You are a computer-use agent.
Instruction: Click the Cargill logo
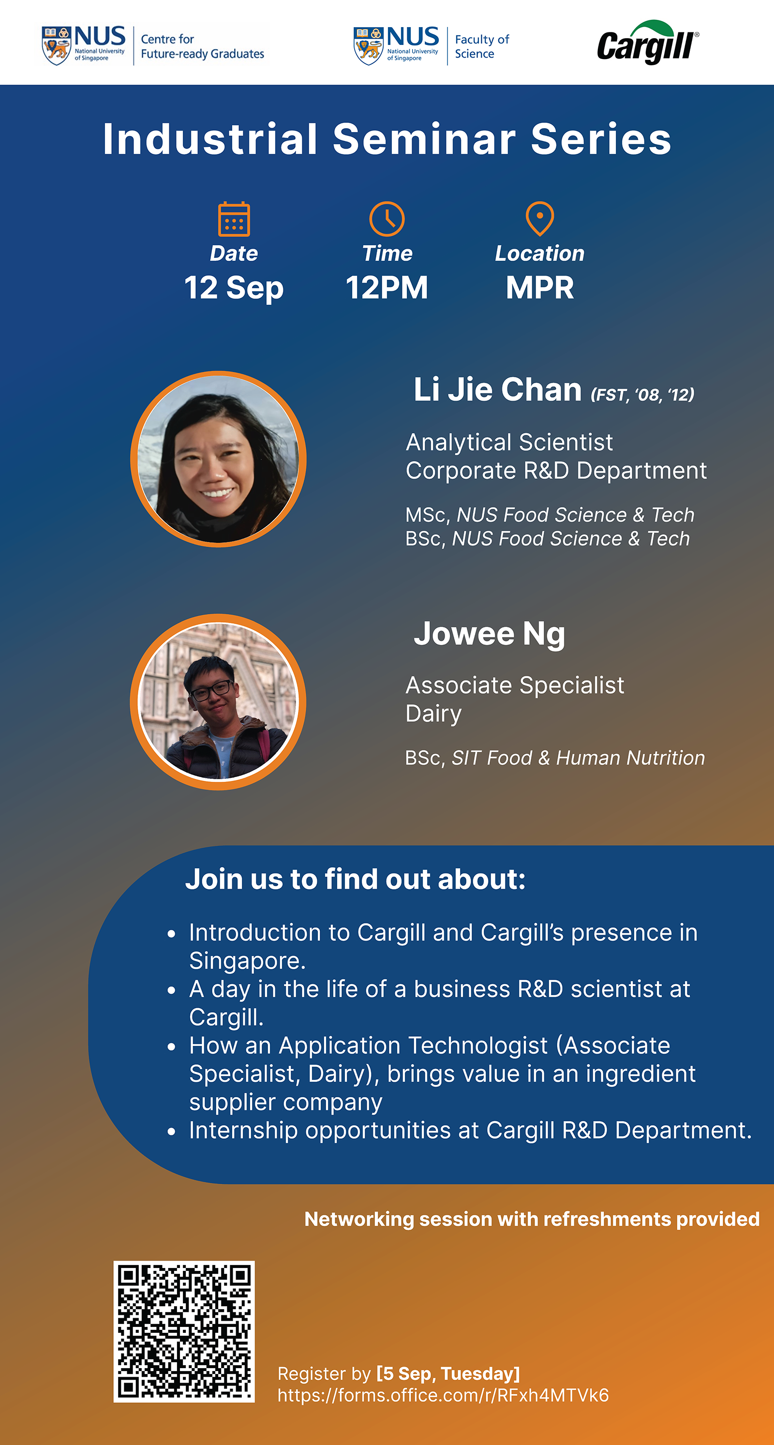tap(648, 43)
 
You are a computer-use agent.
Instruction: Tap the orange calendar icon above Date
tap(234, 219)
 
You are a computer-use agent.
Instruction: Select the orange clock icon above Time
tap(387, 219)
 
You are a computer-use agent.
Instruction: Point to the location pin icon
tap(539, 219)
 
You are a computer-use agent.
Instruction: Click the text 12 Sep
tap(234, 288)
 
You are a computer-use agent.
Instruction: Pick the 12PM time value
tap(387, 288)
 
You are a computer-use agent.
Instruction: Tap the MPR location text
tap(539, 288)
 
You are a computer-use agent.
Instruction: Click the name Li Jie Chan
tap(497, 390)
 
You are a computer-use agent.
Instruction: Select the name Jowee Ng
tap(489, 634)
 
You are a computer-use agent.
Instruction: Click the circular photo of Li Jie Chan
tap(218, 459)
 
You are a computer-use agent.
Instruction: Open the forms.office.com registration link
tap(443, 1395)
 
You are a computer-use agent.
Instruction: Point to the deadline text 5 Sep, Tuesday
tap(448, 1374)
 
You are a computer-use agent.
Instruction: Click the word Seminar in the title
tap(424, 139)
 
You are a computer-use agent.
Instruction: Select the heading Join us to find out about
tap(356, 879)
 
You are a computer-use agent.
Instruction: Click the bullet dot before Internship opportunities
tap(172, 1132)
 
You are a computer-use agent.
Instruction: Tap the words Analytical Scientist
tap(509, 443)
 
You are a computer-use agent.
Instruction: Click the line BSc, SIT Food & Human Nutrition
tap(555, 758)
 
